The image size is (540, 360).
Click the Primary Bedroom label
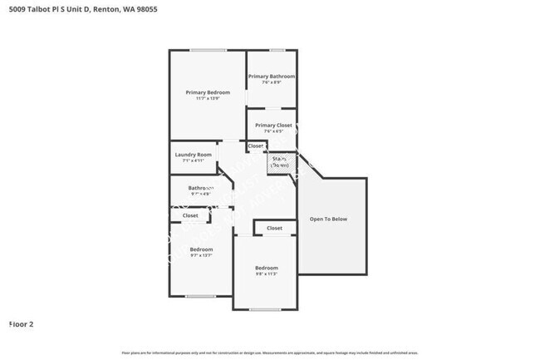point(207,92)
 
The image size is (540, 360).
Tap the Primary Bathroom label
point(272,76)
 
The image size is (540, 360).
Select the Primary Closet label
point(273,126)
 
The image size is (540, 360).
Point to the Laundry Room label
point(193,155)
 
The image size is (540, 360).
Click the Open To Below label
point(328,219)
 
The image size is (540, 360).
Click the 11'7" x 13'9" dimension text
point(207,99)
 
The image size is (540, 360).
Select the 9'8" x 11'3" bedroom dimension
point(266,274)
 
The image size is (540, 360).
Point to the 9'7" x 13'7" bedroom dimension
point(201,256)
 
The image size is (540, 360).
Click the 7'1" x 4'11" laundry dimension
point(193,161)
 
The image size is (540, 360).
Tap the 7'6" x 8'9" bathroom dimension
point(272,82)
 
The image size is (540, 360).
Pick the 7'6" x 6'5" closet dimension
point(273,131)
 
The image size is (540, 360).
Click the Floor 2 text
point(21,323)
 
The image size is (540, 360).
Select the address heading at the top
point(78,9)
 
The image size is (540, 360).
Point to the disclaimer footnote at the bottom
point(270,353)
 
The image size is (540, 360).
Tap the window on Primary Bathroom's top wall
point(277,51)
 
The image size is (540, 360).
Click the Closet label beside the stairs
point(255,146)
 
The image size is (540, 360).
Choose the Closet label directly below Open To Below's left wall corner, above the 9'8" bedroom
point(274,228)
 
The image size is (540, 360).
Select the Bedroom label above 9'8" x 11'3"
point(266,268)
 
